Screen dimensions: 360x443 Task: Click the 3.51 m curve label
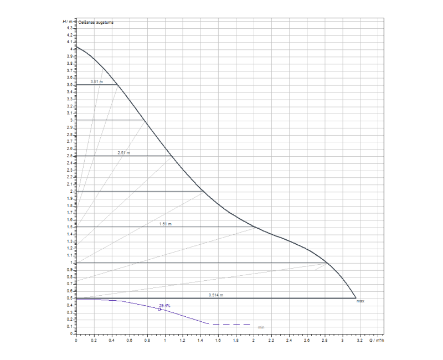(x=96, y=81)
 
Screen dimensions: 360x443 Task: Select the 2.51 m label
(x=123, y=152)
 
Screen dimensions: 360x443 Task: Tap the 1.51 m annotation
(x=166, y=224)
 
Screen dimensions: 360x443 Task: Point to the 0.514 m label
(x=216, y=295)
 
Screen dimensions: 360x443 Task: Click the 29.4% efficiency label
(x=164, y=306)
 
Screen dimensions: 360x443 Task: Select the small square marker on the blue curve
(x=159, y=309)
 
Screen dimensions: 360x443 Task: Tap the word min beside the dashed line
(x=261, y=327)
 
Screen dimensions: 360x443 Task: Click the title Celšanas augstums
(x=95, y=23)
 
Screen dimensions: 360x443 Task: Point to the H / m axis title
(x=66, y=21)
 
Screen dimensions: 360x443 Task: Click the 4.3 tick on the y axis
(x=70, y=28)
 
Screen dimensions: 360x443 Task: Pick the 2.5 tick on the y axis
(x=70, y=156)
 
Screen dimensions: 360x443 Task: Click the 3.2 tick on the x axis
(x=359, y=340)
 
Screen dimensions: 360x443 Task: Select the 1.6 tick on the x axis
(x=218, y=340)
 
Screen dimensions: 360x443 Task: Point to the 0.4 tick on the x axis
(x=111, y=340)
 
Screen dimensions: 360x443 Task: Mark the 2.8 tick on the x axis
(x=324, y=340)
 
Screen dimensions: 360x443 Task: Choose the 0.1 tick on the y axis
(x=70, y=327)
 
